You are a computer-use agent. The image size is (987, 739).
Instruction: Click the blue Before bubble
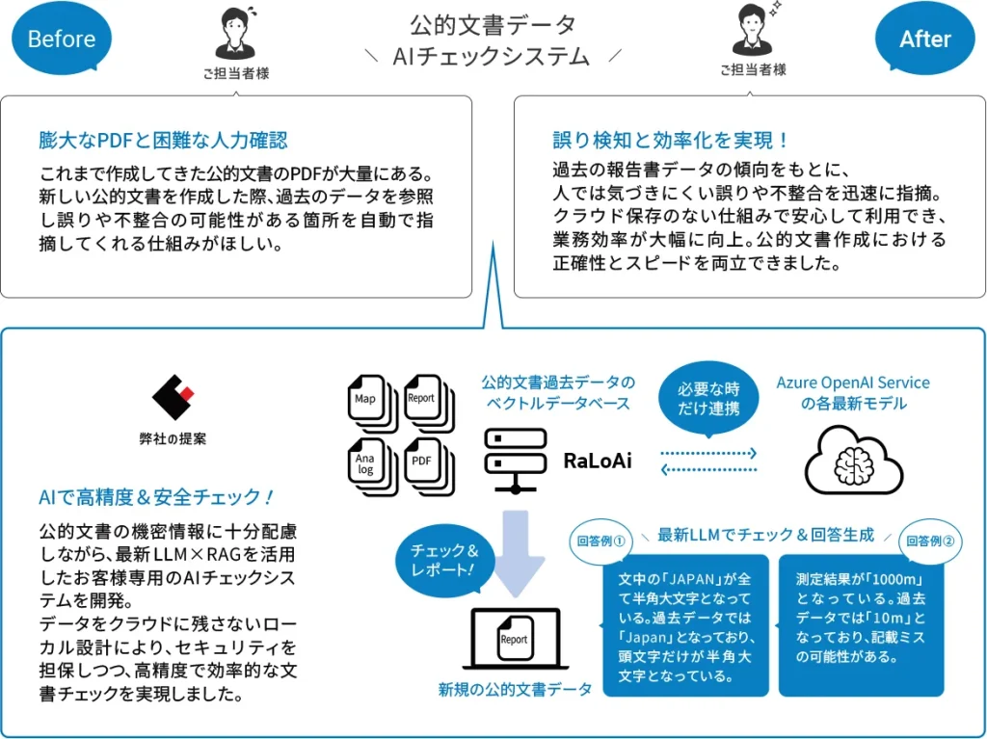click(62, 40)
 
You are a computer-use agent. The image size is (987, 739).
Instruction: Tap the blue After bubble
click(924, 40)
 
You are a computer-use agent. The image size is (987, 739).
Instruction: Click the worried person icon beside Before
click(235, 34)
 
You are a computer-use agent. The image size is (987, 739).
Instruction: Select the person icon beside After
click(753, 31)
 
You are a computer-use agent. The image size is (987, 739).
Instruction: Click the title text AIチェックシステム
click(492, 56)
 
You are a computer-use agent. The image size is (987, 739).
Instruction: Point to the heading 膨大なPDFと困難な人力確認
click(163, 141)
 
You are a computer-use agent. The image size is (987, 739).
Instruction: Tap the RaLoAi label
click(598, 462)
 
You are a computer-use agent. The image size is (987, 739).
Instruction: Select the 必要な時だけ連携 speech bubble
click(707, 399)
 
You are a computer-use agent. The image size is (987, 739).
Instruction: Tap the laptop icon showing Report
click(514, 639)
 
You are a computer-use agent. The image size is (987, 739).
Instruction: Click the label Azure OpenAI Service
click(853, 383)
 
